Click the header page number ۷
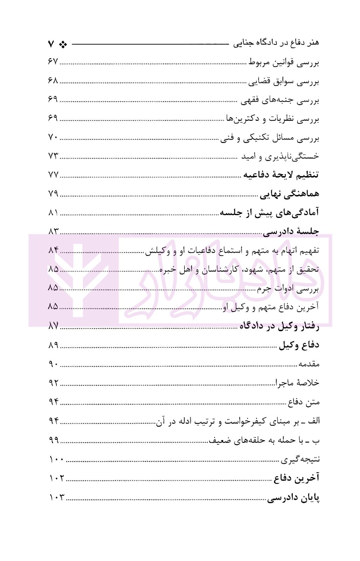[51, 44]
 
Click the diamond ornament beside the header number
[63, 44]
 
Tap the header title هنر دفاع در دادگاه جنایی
[276, 43]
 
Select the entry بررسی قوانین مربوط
[284, 63]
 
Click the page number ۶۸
[53, 80]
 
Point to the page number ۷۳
[53, 156]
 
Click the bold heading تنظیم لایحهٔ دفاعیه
[281, 175]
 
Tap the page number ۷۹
[53, 193]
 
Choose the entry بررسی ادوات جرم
[288, 289]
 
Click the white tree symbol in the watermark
[78, 280]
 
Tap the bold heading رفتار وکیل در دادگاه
[279, 326]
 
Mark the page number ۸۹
[53, 345]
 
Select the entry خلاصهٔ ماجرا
[297, 383]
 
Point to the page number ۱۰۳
[57, 497]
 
